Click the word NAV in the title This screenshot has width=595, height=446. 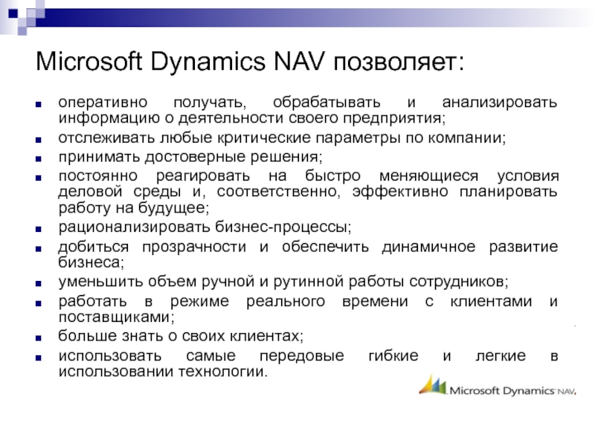(300, 61)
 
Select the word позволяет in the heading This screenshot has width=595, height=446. (399, 62)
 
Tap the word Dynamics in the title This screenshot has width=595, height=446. (208, 62)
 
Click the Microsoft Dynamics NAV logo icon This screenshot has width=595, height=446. (433, 385)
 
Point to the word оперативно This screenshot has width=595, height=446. (103, 103)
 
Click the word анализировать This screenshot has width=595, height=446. (500, 103)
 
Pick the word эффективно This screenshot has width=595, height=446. (400, 192)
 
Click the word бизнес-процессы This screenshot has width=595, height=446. (283, 227)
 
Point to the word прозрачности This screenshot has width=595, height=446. (194, 248)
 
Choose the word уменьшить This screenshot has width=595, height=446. (100, 282)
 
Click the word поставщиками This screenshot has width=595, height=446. (116, 317)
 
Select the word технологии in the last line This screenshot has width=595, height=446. (222, 372)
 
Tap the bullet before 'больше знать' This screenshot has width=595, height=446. (39, 338)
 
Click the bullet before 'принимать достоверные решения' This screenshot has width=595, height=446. (39, 159)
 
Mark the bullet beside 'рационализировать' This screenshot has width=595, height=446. (39, 230)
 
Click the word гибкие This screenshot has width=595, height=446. (393, 356)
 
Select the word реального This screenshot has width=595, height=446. (286, 302)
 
